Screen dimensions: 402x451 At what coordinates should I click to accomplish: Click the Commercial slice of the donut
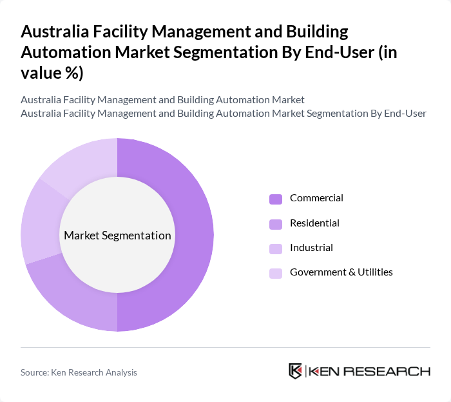pyautogui.click(x=197, y=235)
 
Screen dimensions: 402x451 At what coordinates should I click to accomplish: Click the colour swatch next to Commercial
pyautogui.click(x=275, y=199)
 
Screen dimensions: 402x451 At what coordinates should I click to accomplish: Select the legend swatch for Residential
pyautogui.click(x=275, y=223)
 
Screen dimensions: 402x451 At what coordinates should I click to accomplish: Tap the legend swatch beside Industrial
pyautogui.click(x=275, y=248)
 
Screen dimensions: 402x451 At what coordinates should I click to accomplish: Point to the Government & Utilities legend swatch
pyautogui.click(x=275, y=272)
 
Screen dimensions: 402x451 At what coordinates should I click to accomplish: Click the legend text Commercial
pyautogui.click(x=316, y=198)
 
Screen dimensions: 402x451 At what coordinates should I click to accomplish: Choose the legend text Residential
pyautogui.click(x=314, y=223)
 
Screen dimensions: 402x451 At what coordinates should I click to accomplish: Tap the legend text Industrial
pyautogui.click(x=311, y=247)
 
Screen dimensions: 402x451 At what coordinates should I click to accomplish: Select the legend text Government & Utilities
pyautogui.click(x=341, y=272)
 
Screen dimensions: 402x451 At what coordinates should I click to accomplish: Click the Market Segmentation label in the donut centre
pyautogui.click(x=117, y=236)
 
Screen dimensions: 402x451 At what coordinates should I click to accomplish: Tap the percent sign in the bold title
pyautogui.click(x=69, y=74)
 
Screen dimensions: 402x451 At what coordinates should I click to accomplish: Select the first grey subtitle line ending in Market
pyautogui.click(x=162, y=100)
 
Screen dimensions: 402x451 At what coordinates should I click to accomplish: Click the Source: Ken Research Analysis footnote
pyautogui.click(x=79, y=372)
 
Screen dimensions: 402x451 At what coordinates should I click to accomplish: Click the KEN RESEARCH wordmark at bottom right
pyautogui.click(x=369, y=371)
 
